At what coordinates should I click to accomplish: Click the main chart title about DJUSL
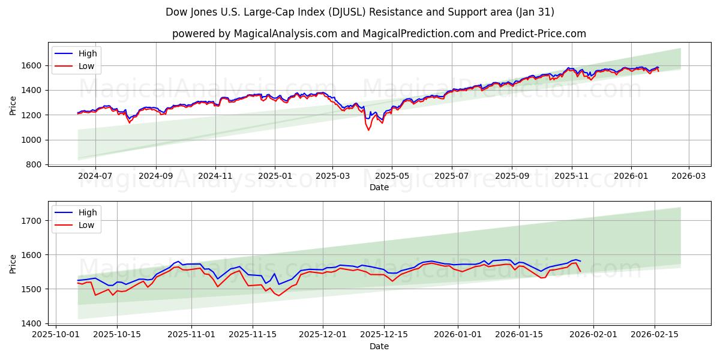tap(360, 12)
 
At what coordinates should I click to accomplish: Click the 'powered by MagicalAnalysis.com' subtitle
tap(379, 34)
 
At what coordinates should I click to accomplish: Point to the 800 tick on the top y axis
tap(35, 164)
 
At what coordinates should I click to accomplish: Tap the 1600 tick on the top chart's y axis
tap(33, 65)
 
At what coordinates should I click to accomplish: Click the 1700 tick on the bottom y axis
tap(33, 221)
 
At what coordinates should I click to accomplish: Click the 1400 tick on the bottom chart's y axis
tap(33, 323)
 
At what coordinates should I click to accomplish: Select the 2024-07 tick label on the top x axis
tap(95, 176)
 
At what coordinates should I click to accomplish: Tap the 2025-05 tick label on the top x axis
tap(392, 176)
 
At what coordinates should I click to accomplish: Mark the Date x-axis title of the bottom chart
tap(379, 346)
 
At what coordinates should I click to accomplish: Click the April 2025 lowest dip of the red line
tap(369, 130)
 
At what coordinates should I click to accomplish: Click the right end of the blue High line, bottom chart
tap(580, 261)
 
